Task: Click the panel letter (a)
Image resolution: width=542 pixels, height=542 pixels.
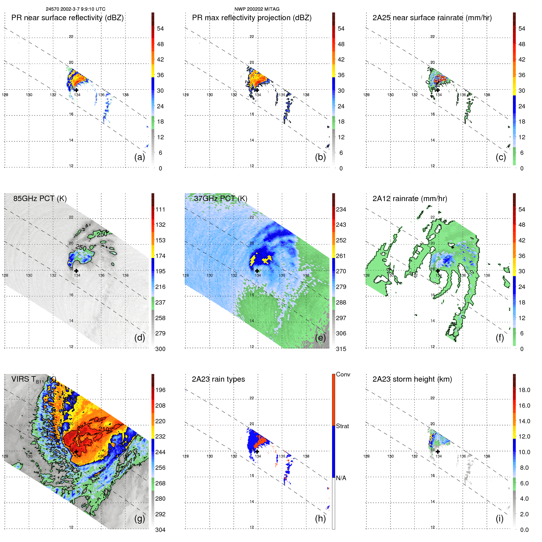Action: tap(139, 157)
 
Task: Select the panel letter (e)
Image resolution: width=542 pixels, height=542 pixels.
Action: tap(320, 338)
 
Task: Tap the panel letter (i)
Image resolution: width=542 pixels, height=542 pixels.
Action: tap(499, 518)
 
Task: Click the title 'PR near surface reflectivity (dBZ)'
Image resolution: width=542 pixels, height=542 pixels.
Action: tap(67, 18)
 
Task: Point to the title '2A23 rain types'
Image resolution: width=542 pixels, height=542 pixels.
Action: tap(218, 379)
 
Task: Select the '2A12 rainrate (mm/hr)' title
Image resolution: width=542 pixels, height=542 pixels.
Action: tap(409, 199)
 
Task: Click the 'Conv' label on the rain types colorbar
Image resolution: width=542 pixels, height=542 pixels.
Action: tap(343, 374)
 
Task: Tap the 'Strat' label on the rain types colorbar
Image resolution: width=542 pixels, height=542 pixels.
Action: tap(342, 426)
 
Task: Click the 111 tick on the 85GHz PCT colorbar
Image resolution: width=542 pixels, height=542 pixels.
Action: tap(160, 209)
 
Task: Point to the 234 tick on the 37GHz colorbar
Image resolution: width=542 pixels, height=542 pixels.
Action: tap(341, 209)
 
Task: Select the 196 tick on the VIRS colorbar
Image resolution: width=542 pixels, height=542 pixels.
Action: tap(160, 390)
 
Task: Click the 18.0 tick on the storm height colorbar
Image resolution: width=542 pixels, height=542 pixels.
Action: tap(524, 390)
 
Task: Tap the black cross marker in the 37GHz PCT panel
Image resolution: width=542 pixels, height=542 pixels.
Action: tap(257, 271)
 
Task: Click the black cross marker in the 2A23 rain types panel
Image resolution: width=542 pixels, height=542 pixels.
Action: tap(257, 451)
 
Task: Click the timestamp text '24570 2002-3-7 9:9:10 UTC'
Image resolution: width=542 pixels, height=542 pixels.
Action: tap(76, 9)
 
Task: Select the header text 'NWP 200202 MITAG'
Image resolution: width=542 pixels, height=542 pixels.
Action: tap(257, 9)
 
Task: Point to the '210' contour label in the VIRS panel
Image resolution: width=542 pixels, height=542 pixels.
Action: tap(103, 429)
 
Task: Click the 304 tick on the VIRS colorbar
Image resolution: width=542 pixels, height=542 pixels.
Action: tap(160, 530)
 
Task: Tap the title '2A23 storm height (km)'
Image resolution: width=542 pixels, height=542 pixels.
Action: tap(412, 379)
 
